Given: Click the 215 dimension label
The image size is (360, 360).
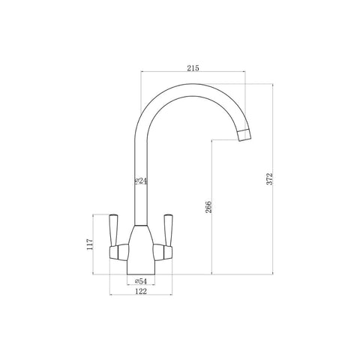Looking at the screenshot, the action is [x=193, y=68].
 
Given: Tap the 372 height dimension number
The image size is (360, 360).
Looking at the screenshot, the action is [x=270, y=178].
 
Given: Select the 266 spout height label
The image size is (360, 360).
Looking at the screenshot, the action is [x=208, y=207].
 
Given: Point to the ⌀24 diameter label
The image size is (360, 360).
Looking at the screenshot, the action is [x=140, y=181].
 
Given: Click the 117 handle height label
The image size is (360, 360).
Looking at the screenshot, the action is [x=90, y=244].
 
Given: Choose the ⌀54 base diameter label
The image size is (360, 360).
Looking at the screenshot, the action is [x=140, y=281].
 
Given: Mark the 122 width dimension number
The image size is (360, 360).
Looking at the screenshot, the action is [x=141, y=291].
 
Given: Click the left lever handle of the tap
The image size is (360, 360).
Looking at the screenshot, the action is [x=113, y=230].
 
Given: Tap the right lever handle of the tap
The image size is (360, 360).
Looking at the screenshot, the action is [x=168, y=230].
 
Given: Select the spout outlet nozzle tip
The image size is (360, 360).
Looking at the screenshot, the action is [x=244, y=135].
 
